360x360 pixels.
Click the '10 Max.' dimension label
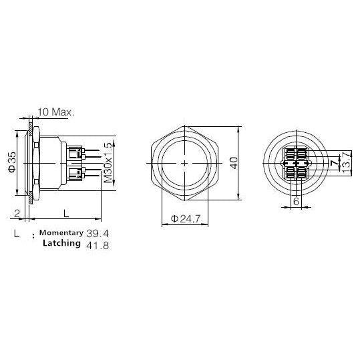(x=56, y=112)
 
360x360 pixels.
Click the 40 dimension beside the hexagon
(x=234, y=163)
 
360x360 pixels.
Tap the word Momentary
(x=61, y=233)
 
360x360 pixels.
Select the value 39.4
(x=98, y=233)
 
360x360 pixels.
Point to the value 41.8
(x=98, y=245)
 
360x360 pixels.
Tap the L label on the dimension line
(x=65, y=213)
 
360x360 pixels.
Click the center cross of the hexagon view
(x=184, y=163)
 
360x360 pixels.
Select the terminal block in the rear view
(x=295, y=163)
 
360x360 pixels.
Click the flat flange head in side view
(x=31, y=162)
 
